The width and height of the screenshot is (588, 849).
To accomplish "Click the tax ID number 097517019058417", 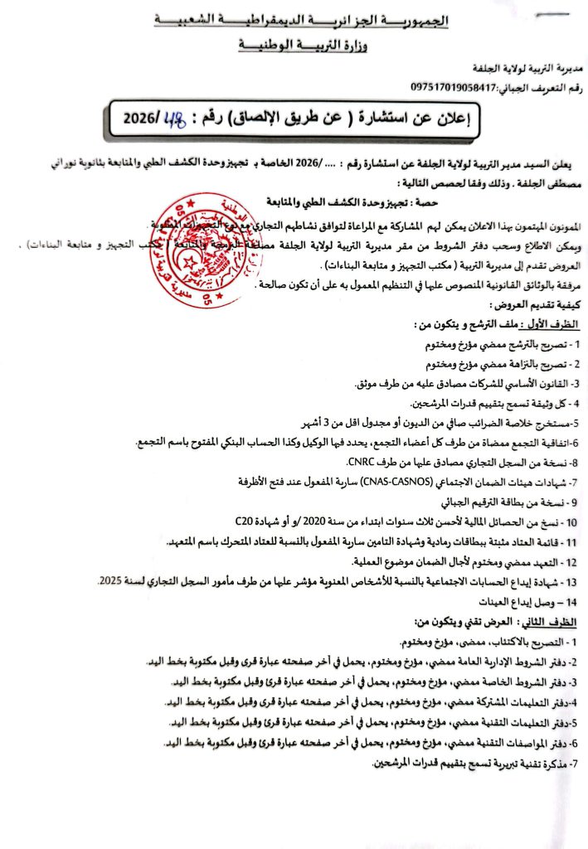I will (x=451, y=86).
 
